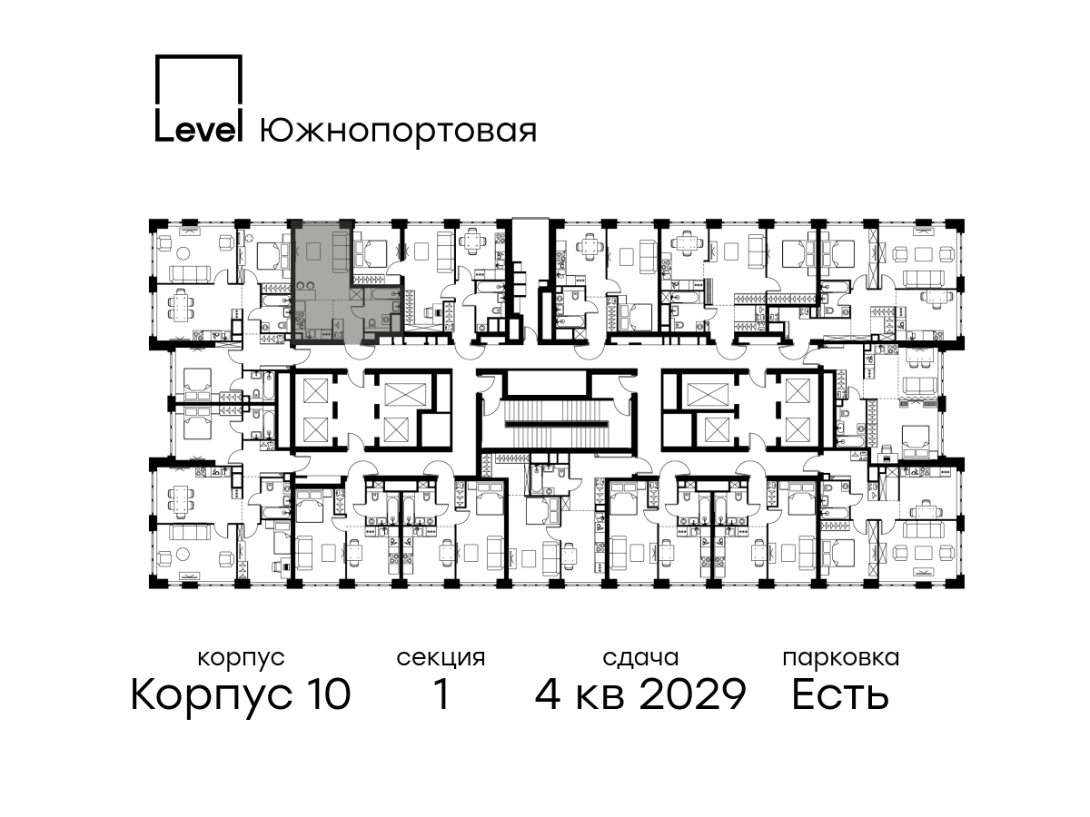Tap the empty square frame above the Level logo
pos(199,56)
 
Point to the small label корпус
pos(241,659)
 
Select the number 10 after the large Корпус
pos(326,694)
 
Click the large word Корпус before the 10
pos(211,697)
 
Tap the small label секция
pos(441,659)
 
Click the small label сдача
pos(640,658)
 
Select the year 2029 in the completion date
pos(693,694)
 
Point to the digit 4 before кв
pos(548,694)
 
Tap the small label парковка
pos(841,659)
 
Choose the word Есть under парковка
pos(839,694)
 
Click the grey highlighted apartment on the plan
pos(322,282)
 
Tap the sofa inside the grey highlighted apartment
pos(340,252)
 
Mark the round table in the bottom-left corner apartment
pos(183,555)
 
